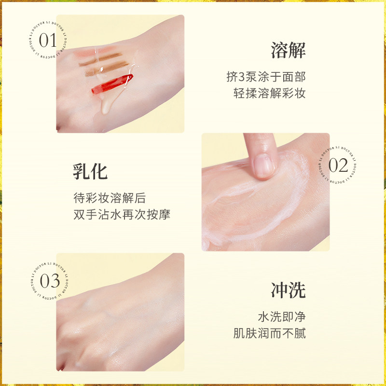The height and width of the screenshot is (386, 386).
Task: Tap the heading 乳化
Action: [x=90, y=171]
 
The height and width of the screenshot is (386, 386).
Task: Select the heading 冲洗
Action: [x=288, y=290]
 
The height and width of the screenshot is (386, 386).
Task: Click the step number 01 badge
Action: [x=48, y=41]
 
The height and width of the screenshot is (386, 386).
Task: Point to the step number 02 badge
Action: [x=338, y=165]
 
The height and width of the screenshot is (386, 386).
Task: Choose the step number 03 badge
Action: [x=49, y=281]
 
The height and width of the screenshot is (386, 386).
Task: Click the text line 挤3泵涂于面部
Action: [x=266, y=77]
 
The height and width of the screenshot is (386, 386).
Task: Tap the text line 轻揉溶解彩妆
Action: [x=269, y=93]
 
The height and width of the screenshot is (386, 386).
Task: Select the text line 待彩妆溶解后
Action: [x=109, y=197]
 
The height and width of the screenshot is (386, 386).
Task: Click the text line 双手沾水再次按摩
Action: [x=121, y=214]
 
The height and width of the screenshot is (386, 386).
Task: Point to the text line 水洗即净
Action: [x=281, y=317]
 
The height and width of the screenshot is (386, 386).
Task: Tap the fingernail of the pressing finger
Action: [x=263, y=165]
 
